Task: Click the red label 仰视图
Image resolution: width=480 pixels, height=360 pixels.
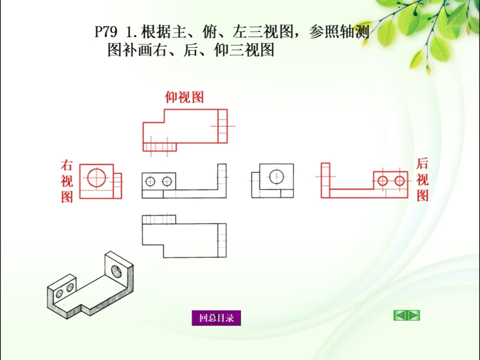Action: [x=184, y=97]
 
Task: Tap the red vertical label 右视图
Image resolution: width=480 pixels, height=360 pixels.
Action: [x=67, y=181]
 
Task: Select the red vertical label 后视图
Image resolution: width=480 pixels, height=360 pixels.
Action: [x=422, y=180]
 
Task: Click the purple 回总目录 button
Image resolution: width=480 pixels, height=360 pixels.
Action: [x=216, y=318]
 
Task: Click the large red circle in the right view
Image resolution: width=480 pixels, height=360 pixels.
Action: [x=97, y=177]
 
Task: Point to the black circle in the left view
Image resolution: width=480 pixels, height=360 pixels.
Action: [x=276, y=176]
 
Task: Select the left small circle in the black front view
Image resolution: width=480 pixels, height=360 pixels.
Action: [x=150, y=182]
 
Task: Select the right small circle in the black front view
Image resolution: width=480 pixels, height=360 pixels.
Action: [x=167, y=182]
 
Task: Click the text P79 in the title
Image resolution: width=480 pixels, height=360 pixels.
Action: [x=106, y=32]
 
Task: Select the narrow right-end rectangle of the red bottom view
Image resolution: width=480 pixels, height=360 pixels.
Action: [x=222, y=126]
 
